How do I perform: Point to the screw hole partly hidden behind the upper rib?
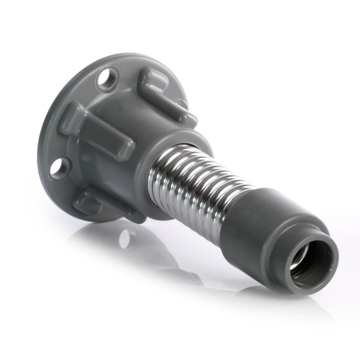point(183,104)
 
